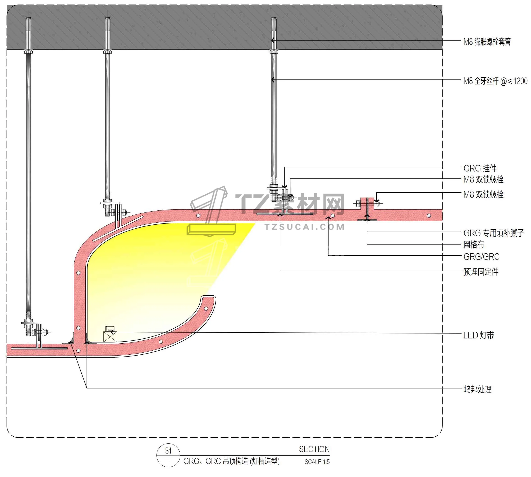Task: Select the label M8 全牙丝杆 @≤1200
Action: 495,81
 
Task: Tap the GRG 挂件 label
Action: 480,168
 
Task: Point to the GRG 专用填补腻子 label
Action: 494,233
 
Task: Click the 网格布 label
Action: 473,244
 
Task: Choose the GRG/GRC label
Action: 481,257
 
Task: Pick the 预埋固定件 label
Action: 481,272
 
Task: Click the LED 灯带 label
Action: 478,335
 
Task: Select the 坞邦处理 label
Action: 477,389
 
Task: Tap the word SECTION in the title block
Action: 314,449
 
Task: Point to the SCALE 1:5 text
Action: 317,462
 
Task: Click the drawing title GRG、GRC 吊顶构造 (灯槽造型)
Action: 231,461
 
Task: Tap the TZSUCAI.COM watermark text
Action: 304,227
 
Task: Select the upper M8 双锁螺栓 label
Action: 483,180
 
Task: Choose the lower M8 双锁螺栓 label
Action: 483,194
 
